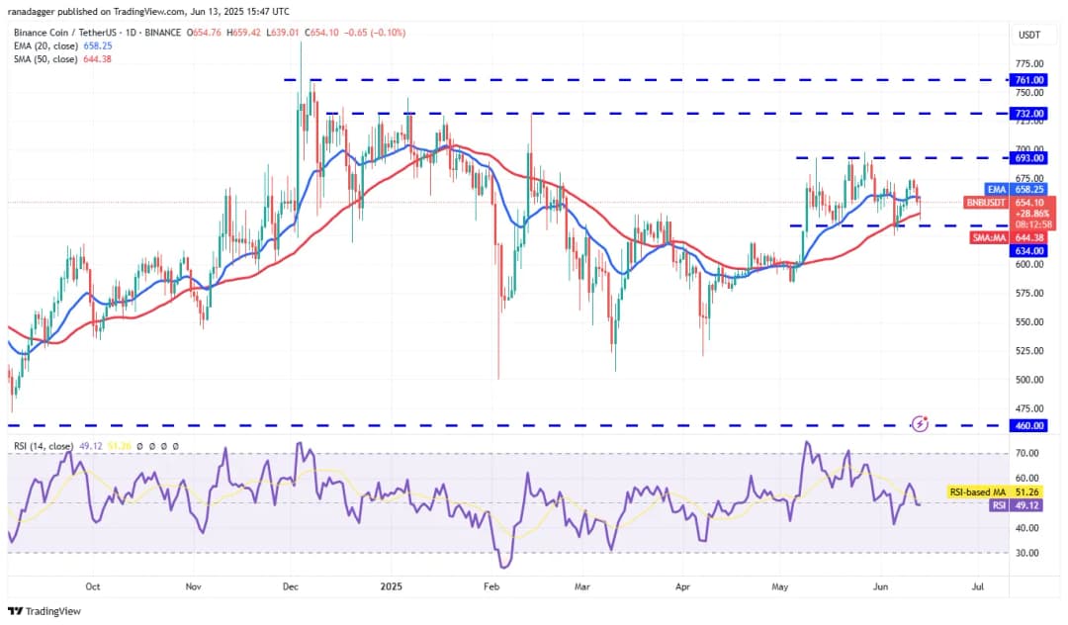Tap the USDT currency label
1028,36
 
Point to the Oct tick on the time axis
92,585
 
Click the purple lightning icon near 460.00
921,423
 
